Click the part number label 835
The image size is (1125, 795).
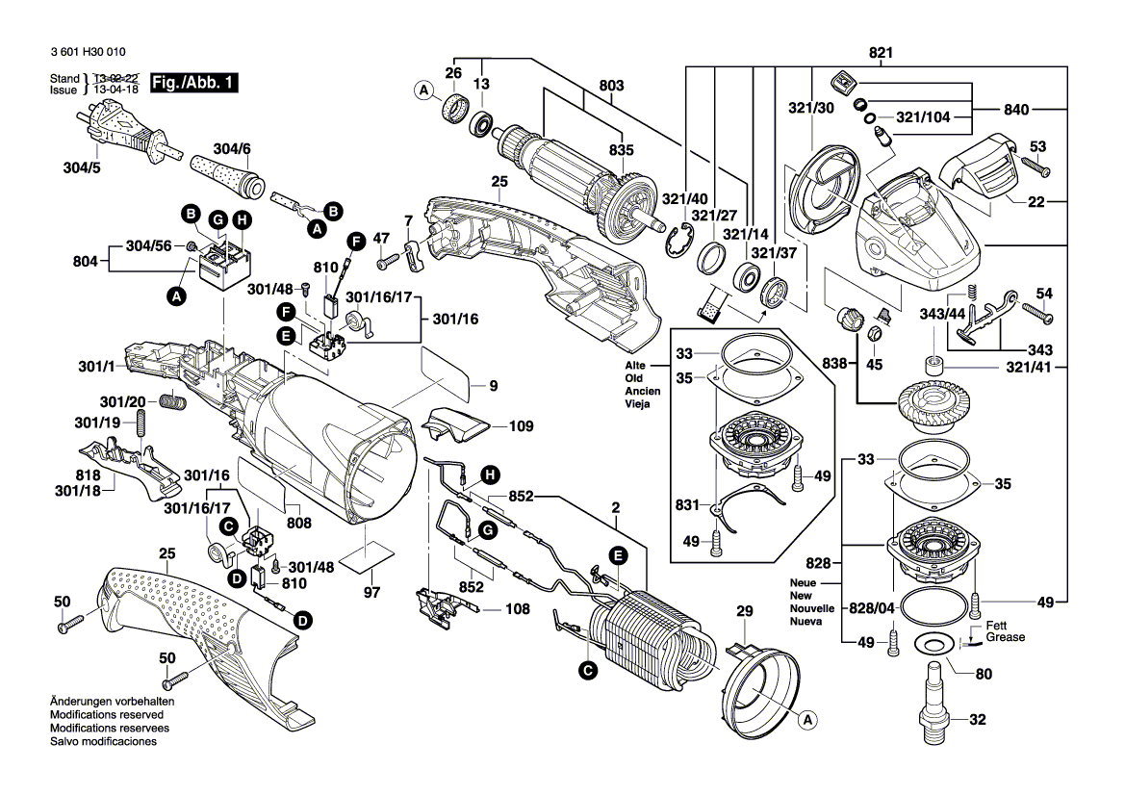[x=621, y=150]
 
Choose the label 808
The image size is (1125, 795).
[x=299, y=523]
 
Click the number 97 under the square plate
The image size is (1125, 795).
[x=371, y=590]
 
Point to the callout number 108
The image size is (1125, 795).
[x=517, y=608]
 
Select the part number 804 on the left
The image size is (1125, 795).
[x=86, y=259]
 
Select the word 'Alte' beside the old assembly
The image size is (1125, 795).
[x=635, y=367]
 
